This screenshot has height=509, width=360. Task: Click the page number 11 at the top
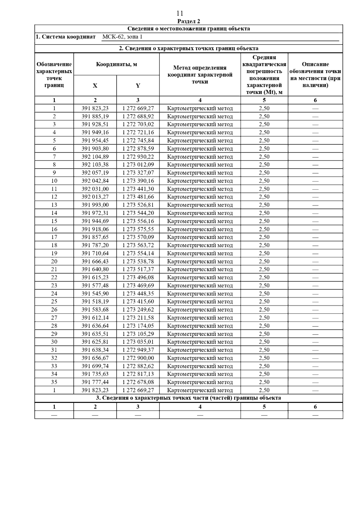pos(180,13)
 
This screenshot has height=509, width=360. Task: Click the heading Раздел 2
pos(188,21)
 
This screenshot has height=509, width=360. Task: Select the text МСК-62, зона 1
pos(122,37)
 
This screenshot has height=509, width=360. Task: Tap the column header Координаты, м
pos(116,64)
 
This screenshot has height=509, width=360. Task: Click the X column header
pos(95,86)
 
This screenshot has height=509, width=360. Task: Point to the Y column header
pos(138,86)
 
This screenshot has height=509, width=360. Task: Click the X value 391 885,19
pos(95,116)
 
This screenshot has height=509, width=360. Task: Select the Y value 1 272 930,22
pos(138,156)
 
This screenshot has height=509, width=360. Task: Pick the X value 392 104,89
pos(95,156)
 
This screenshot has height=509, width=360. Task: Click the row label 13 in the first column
pos(54,205)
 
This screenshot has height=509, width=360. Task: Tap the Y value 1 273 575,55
pos(138,229)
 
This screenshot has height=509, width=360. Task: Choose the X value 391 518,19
pos(95,302)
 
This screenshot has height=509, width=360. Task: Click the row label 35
pos(54,382)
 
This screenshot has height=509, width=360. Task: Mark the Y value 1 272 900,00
pos(138,358)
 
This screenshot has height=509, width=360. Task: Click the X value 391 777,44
pos(95,382)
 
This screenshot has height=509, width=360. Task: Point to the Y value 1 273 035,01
pos(138,342)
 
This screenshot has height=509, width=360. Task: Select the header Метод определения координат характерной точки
pos(200,75)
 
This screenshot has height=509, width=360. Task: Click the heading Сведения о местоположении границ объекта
pos(188,29)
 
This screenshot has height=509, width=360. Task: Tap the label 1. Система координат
pos(65,37)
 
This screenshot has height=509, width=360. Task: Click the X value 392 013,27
pos(95,197)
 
